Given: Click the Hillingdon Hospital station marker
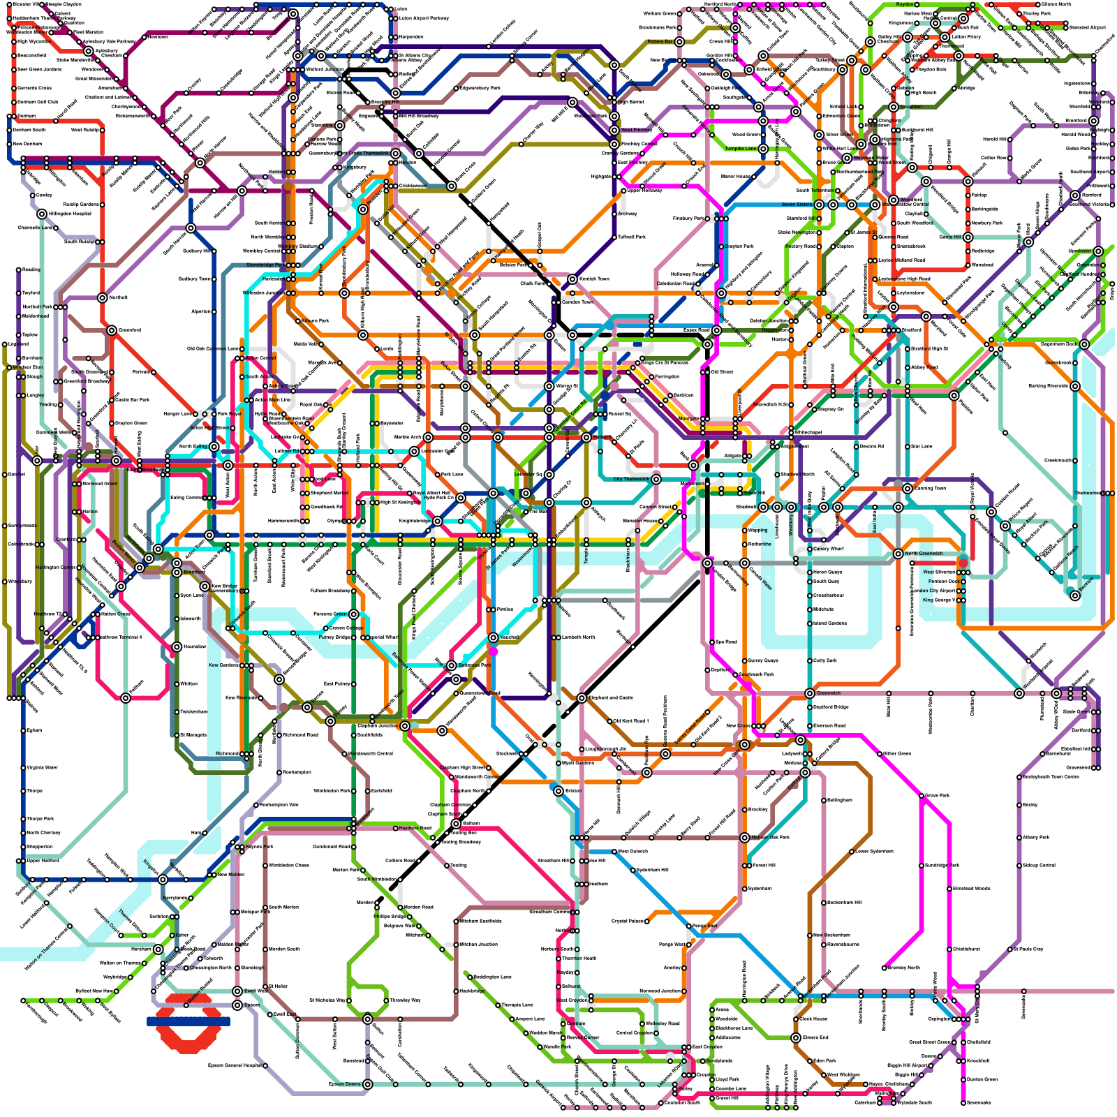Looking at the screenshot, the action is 42,214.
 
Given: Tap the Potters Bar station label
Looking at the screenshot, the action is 659,42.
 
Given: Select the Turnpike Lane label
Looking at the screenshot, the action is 740,149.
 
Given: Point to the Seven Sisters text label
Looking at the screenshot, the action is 797,205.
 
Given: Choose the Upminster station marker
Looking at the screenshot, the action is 1098,251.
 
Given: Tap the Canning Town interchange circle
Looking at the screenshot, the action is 907,489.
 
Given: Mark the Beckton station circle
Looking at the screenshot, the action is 1075,595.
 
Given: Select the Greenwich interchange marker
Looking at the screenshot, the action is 809,693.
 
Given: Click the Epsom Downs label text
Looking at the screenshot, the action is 345,1084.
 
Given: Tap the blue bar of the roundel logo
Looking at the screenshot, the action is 188,1021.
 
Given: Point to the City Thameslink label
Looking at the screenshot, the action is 630,479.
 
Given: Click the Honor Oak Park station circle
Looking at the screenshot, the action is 745,837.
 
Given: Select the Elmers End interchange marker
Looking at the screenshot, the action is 795,1037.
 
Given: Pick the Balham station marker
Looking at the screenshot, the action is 456,824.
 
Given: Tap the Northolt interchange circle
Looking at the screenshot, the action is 103,297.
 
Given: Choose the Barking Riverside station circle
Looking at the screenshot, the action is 1075,386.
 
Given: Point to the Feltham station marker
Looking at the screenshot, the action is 126,697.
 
